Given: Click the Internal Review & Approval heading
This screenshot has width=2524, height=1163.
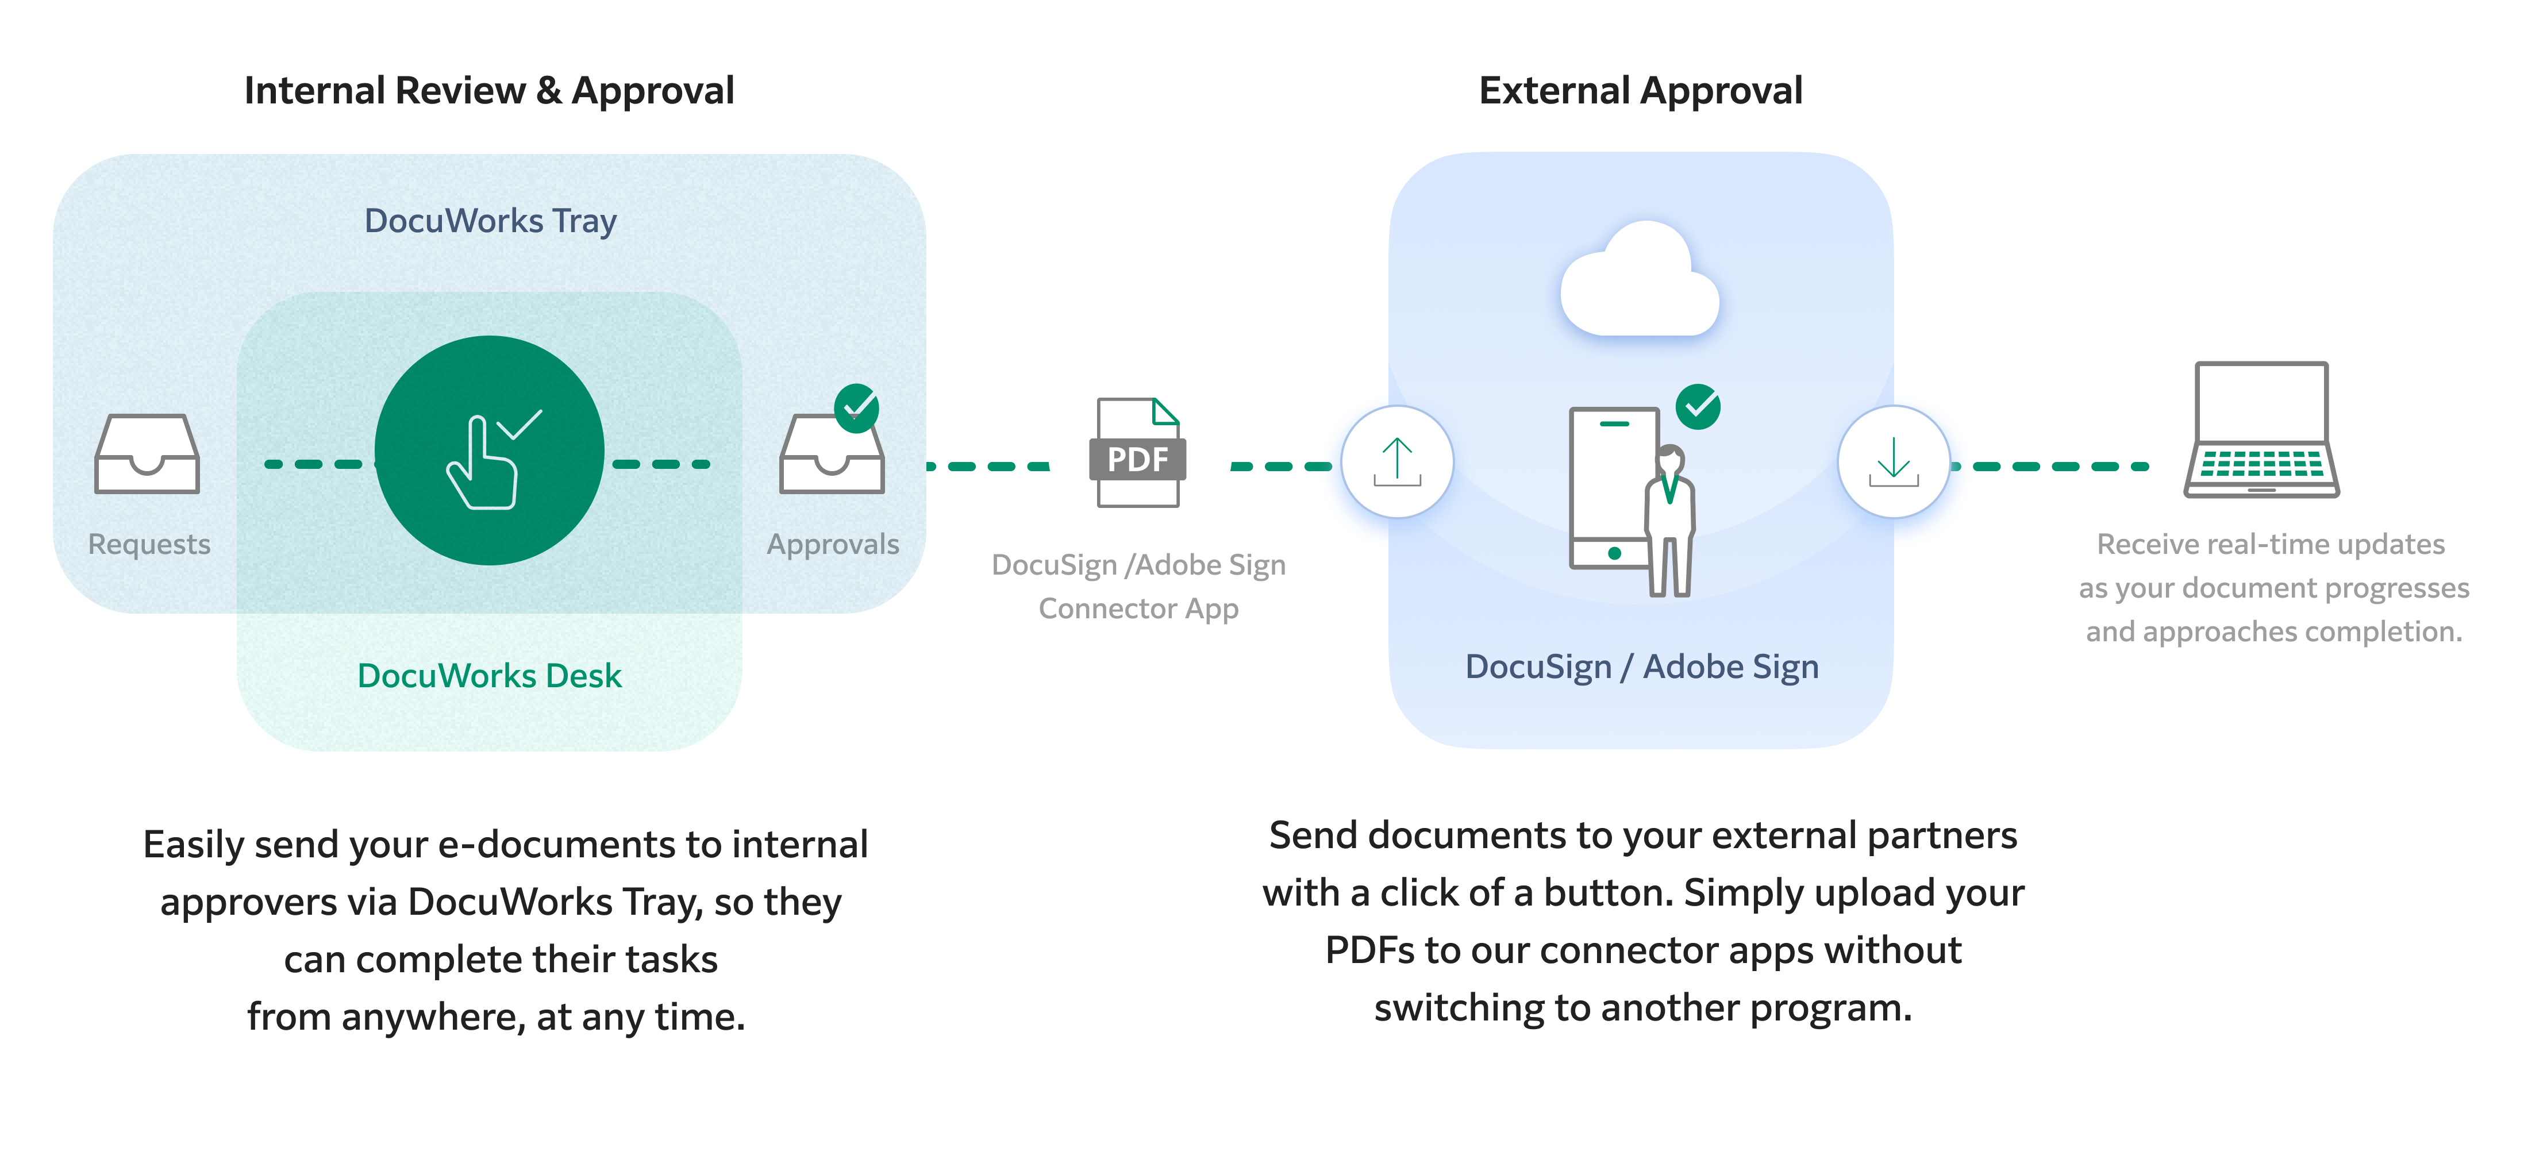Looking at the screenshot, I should tap(489, 90).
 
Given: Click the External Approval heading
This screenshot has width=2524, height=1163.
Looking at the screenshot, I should tap(1640, 90).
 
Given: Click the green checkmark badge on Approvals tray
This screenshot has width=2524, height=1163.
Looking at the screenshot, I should tap(856, 407).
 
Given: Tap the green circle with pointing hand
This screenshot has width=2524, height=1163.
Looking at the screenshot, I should tap(489, 450).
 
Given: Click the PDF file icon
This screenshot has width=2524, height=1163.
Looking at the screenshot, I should tap(1137, 453).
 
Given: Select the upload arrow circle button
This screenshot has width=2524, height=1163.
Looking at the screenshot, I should tap(1397, 461).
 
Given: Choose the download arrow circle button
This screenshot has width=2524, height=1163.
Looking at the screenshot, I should tap(1893, 461).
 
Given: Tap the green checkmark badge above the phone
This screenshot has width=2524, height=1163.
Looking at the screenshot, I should tap(1698, 406).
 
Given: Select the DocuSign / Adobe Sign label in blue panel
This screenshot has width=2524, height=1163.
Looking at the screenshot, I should tap(1641, 666).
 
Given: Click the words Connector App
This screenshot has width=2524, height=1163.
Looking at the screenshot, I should tap(1138, 609).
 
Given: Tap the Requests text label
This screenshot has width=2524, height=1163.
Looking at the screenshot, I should tap(149, 544).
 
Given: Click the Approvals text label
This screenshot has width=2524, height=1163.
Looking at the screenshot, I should tap(833, 544).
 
